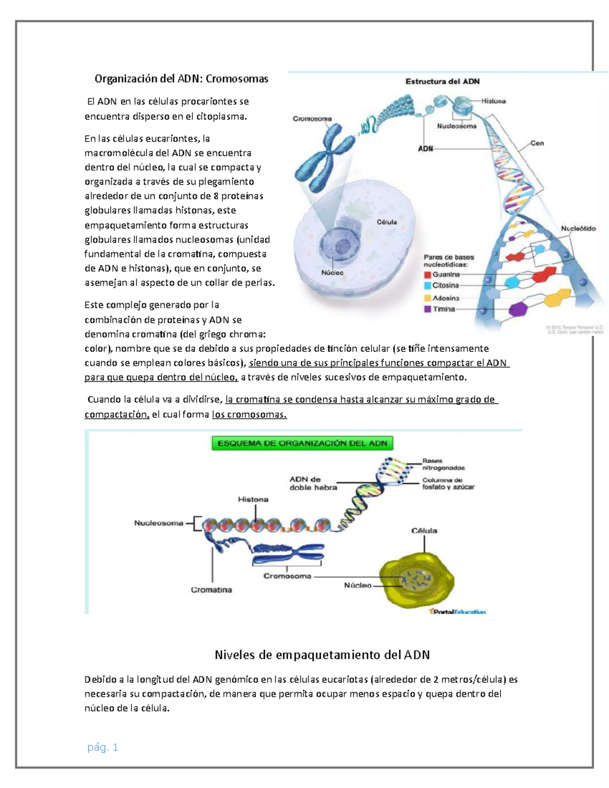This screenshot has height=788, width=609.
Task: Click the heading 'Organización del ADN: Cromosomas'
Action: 181,79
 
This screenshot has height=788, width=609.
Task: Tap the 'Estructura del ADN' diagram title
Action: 442,81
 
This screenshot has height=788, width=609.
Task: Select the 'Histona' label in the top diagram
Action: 493,101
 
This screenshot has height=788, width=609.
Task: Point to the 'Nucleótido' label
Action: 578,228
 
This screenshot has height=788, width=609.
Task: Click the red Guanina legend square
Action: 427,275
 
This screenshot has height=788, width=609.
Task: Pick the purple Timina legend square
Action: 427,309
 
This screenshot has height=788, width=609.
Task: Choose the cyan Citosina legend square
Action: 427,286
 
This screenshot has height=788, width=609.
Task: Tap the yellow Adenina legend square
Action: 427,298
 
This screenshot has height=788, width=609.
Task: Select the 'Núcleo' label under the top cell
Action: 332,272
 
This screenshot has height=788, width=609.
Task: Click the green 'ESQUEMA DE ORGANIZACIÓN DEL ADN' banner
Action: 302,443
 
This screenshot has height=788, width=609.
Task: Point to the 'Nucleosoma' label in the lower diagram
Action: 158,523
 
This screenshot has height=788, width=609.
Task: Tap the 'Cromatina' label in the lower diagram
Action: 211,590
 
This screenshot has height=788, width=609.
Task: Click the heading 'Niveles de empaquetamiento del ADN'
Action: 322,655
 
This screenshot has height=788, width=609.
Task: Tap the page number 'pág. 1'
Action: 103,747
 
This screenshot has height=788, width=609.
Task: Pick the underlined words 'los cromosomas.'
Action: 249,415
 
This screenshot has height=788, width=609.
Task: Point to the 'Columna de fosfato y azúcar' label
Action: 448,483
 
